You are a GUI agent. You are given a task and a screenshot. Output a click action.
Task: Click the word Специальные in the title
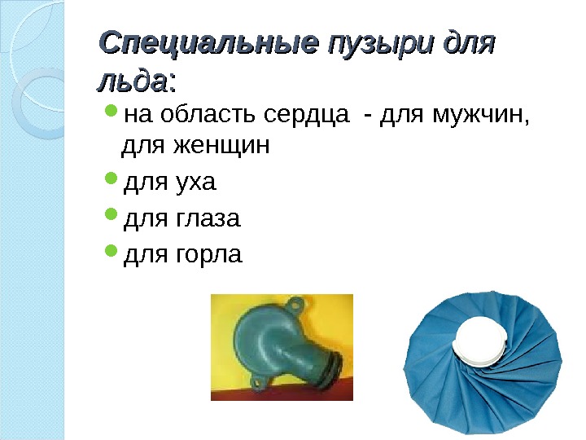click(x=207, y=44)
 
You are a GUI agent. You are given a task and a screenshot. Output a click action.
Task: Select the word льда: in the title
click(x=136, y=81)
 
